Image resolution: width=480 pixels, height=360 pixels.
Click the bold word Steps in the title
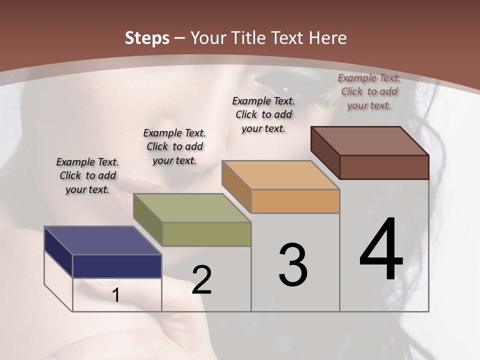click(x=147, y=38)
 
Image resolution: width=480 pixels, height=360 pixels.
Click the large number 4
click(x=381, y=249)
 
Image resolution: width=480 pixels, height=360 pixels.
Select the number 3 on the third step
click(x=293, y=265)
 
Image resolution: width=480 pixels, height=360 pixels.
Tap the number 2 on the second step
click(x=202, y=280)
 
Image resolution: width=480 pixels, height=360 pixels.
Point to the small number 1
click(x=115, y=295)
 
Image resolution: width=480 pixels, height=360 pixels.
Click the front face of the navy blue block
click(x=117, y=266)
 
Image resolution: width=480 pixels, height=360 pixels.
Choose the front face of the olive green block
click(x=206, y=234)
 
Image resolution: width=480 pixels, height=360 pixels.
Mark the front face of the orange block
click(x=295, y=201)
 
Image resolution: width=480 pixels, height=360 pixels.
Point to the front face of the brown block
click(x=384, y=167)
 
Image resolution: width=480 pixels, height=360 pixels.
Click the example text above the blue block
click(x=87, y=175)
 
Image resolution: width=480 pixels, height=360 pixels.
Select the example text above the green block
click(x=174, y=146)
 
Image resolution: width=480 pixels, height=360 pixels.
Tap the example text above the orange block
click(x=263, y=114)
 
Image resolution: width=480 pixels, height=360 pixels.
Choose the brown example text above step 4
click(x=369, y=91)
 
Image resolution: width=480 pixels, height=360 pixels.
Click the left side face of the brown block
click(x=325, y=152)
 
